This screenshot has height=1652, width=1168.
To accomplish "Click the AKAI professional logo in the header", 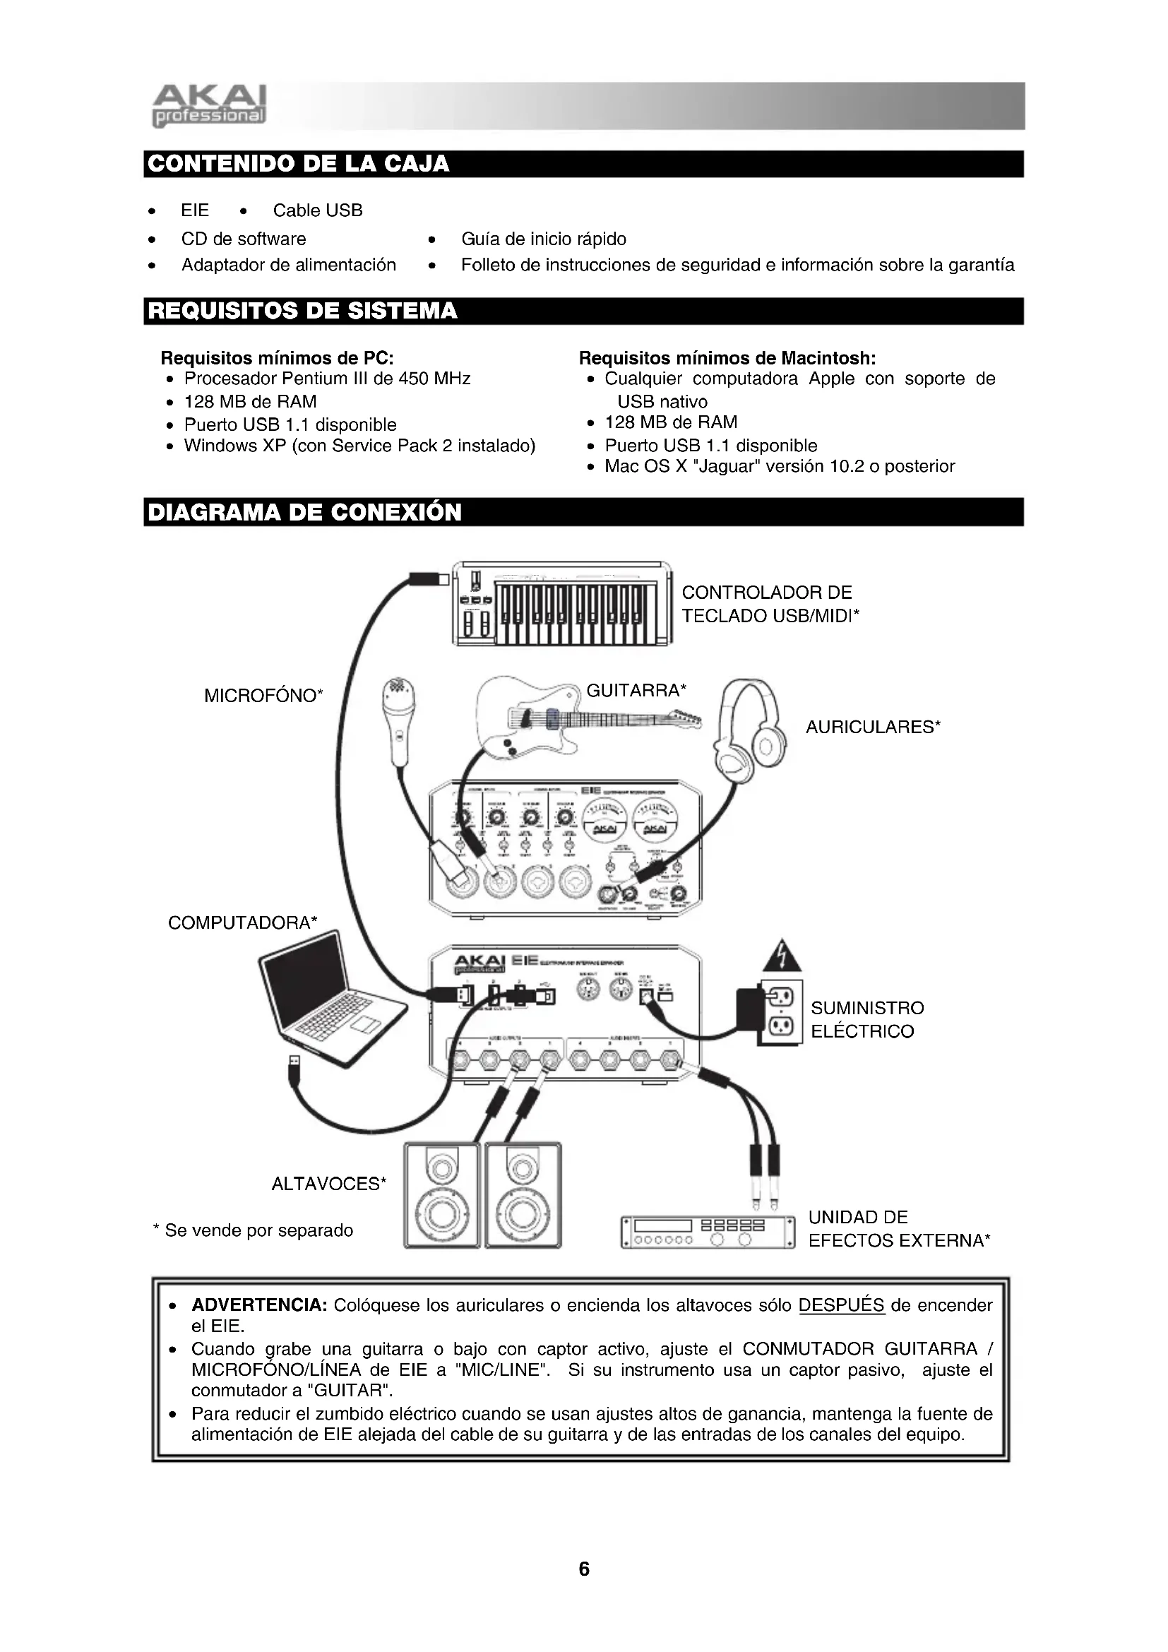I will coord(209,107).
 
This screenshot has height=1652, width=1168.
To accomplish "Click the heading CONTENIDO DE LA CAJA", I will coord(298,164).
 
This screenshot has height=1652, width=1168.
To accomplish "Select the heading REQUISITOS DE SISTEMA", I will coord(302,311).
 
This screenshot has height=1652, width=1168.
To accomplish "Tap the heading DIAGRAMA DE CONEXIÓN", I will coord(304,512).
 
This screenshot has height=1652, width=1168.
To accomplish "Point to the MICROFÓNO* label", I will coord(263,696).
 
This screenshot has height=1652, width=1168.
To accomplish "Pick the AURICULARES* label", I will coord(872,727).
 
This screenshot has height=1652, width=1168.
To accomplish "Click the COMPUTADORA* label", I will coord(242,923).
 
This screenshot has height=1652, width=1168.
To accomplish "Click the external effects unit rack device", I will coord(708,1232).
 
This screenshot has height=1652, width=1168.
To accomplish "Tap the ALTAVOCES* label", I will coord(328,1184).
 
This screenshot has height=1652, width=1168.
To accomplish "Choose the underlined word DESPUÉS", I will coord(841,1305).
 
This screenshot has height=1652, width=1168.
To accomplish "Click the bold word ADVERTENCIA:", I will coord(260,1305).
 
